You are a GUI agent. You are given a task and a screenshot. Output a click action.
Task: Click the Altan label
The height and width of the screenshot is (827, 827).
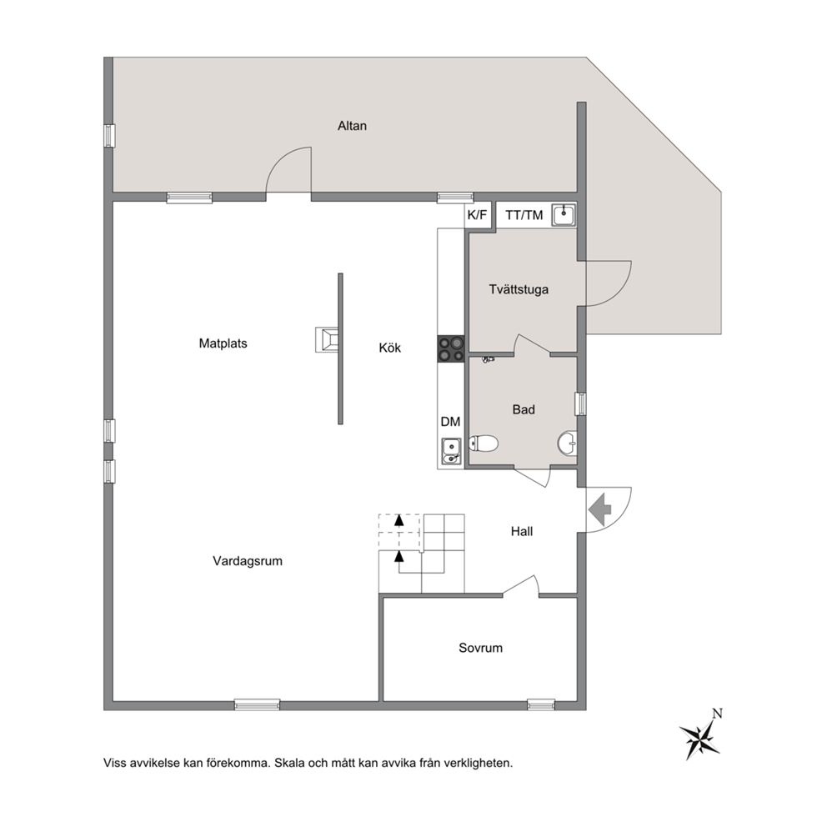(x=352, y=126)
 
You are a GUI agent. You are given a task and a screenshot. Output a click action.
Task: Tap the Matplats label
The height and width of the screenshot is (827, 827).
(x=223, y=343)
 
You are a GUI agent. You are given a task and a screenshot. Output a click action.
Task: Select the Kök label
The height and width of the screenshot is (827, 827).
(x=390, y=348)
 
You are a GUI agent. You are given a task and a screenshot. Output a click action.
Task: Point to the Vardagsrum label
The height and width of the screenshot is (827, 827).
(x=248, y=561)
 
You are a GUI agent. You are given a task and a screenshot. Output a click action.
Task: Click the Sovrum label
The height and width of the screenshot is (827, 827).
(x=480, y=648)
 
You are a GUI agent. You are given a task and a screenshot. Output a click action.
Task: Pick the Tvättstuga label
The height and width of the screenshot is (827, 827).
(x=519, y=289)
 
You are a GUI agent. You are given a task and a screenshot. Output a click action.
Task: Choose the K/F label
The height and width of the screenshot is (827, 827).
(x=478, y=215)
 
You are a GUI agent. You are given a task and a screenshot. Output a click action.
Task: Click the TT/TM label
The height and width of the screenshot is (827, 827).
(x=524, y=215)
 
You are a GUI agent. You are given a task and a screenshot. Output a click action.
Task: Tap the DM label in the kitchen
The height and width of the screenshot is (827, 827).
(x=450, y=421)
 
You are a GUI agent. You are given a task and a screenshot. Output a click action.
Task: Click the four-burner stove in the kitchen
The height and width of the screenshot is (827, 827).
(x=451, y=348)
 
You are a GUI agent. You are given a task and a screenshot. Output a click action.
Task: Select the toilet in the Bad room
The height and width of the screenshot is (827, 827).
(x=484, y=444)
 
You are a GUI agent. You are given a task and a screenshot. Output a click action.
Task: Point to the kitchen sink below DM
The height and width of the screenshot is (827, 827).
(x=452, y=452)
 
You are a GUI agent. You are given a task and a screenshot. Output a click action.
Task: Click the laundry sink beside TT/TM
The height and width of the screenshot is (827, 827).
(x=564, y=214)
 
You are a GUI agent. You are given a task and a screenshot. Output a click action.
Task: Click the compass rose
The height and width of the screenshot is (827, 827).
(x=700, y=736)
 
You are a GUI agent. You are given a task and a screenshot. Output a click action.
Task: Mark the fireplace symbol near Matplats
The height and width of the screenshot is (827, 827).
(x=328, y=340)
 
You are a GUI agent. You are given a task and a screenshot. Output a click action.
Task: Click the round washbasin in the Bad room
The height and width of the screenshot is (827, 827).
(x=568, y=444)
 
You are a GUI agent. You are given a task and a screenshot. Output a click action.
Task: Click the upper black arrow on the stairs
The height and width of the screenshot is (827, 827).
(x=399, y=520)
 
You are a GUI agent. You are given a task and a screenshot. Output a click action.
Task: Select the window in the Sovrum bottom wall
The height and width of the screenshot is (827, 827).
(x=541, y=704)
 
